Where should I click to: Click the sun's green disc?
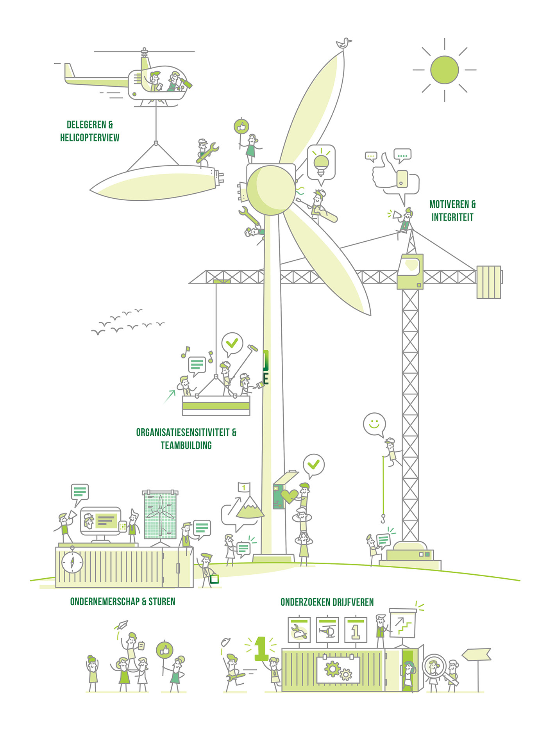pyautogui.click(x=444, y=70)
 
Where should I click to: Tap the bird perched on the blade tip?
pyautogui.click(x=343, y=43)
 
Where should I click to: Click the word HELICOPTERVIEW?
pyautogui.click(x=89, y=137)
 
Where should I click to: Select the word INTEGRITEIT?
pyautogui.click(x=452, y=217)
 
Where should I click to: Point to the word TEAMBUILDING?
pyautogui.click(x=186, y=445)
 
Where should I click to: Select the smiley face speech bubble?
pyautogui.click(x=374, y=424)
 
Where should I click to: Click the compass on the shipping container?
pyautogui.click(x=72, y=562)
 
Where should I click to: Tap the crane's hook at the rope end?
pyautogui.click(x=383, y=519)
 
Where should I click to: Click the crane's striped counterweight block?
pyautogui.click(x=488, y=282)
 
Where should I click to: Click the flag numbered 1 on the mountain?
pyautogui.click(x=244, y=487)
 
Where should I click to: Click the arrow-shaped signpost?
pyautogui.click(x=477, y=654)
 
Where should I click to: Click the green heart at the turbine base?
pyautogui.click(x=289, y=496)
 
